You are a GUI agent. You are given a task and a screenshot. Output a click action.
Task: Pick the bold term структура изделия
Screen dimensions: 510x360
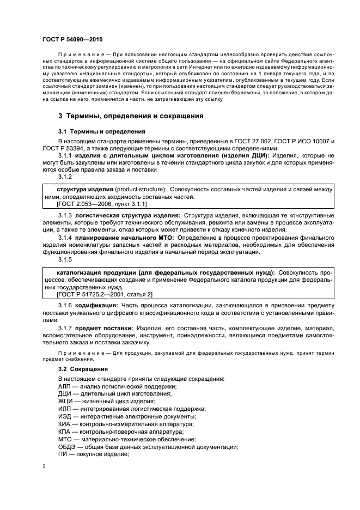(x=77, y=189)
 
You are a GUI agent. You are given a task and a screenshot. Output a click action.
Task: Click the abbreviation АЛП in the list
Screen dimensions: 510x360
(x=65, y=386)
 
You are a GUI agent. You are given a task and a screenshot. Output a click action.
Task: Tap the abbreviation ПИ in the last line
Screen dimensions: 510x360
(x=62, y=454)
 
